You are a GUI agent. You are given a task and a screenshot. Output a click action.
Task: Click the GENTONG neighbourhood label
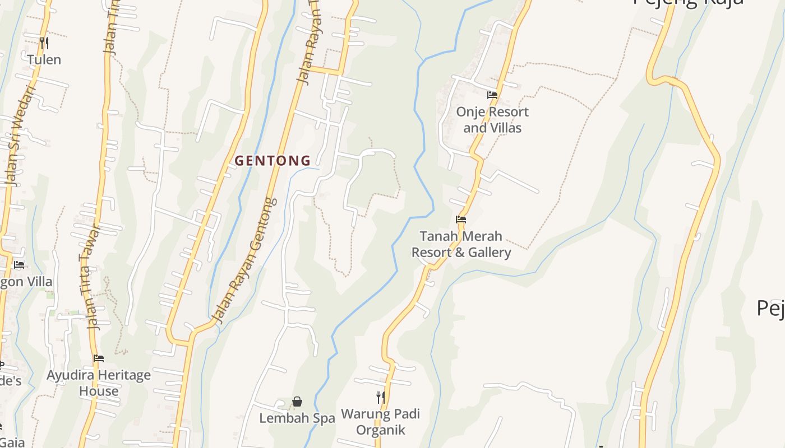click(273, 161)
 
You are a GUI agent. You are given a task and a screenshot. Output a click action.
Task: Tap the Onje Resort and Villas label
click(492, 120)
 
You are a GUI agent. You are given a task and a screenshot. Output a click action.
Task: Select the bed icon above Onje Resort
click(492, 95)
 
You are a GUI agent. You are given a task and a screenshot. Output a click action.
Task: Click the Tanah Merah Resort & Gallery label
click(461, 244)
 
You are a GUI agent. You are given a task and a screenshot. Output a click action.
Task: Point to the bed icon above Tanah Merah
click(461, 220)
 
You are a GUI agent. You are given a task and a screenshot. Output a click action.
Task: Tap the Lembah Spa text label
click(297, 418)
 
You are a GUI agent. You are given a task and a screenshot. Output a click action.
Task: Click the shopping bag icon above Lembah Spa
click(297, 402)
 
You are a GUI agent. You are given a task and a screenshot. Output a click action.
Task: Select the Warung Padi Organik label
click(380, 422)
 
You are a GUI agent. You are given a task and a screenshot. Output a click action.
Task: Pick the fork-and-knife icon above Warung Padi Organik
click(380, 398)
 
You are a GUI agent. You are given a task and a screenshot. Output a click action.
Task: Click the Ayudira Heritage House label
click(99, 383)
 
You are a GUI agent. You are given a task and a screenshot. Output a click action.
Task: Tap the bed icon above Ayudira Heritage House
click(99, 358)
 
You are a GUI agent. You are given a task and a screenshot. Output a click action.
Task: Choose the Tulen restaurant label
click(44, 59)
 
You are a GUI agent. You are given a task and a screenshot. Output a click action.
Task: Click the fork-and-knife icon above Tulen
click(44, 43)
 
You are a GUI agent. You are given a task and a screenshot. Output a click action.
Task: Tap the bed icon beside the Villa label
click(19, 264)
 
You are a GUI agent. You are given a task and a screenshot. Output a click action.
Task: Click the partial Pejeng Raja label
click(689, 3)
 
